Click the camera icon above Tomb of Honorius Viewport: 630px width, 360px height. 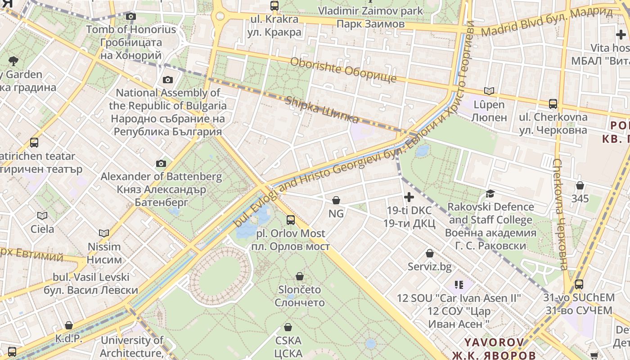131,17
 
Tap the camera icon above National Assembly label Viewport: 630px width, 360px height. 168,80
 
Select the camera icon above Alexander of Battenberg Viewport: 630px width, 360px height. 161,163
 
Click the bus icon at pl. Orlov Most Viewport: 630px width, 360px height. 291,220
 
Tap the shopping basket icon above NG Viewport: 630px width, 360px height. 336,200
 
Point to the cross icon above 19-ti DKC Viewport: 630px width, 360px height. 409,197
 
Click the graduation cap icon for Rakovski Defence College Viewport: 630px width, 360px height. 490,194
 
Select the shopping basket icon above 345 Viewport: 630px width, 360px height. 580,185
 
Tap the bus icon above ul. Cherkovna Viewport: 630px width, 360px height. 553,104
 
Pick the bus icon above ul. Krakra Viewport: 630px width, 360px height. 274,6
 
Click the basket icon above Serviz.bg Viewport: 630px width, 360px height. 430,253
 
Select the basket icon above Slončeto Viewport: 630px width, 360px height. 300,276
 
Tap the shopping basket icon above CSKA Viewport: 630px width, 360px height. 288,327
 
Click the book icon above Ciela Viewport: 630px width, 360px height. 42,216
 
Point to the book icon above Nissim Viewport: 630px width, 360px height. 104,233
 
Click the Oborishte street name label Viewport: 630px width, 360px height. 343,70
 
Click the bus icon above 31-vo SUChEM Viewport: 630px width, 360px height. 579,284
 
